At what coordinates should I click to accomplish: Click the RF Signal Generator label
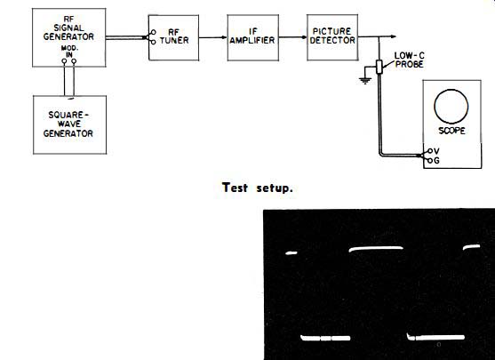pos(68,28)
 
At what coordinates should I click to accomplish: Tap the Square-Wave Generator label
pos(68,124)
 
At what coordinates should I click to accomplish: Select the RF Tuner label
pos(174,36)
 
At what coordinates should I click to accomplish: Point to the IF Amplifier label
pos(252,36)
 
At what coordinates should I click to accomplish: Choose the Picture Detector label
pos(332,36)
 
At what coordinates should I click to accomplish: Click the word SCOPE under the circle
pos(451,131)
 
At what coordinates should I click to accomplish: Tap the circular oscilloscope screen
pos(451,107)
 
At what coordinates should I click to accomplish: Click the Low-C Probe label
pos(410,60)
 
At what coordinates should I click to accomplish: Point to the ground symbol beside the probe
pos(365,81)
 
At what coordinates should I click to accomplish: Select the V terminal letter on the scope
pos(436,151)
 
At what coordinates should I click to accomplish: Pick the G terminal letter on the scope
pos(436,161)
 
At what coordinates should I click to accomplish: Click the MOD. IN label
pos(69,52)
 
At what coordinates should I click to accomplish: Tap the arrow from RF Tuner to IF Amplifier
pos(212,37)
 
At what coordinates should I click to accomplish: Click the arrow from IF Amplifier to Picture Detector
pos(292,37)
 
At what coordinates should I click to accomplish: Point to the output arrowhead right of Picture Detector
pos(394,36)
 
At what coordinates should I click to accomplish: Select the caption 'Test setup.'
pos(258,188)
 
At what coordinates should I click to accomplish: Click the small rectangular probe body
pos(379,67)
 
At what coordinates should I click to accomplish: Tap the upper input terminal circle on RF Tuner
pos(153,32)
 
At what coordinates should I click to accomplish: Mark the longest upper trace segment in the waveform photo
pos(376,249)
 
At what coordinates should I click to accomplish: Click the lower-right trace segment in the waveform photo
pos(435,337)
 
